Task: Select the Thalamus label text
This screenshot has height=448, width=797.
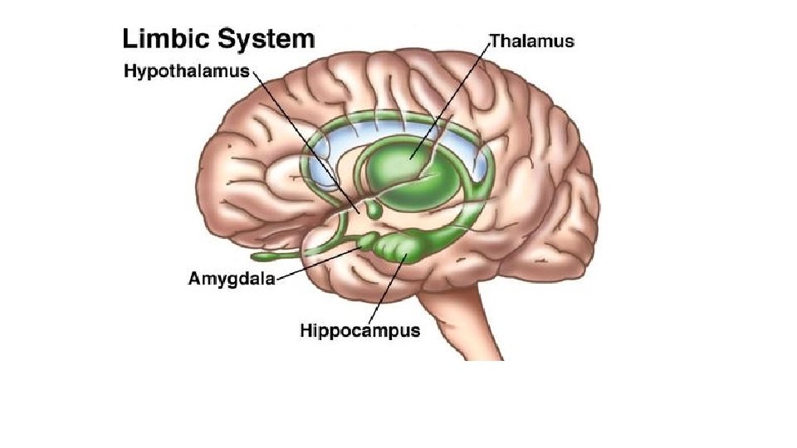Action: click(532, 40)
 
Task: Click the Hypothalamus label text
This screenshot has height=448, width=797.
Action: click(187, 71)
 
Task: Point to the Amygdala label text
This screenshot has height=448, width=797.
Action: click(229, 279)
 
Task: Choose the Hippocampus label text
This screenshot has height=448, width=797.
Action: click(359, 331)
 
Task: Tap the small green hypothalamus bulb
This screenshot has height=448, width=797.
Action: click(375, 212)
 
